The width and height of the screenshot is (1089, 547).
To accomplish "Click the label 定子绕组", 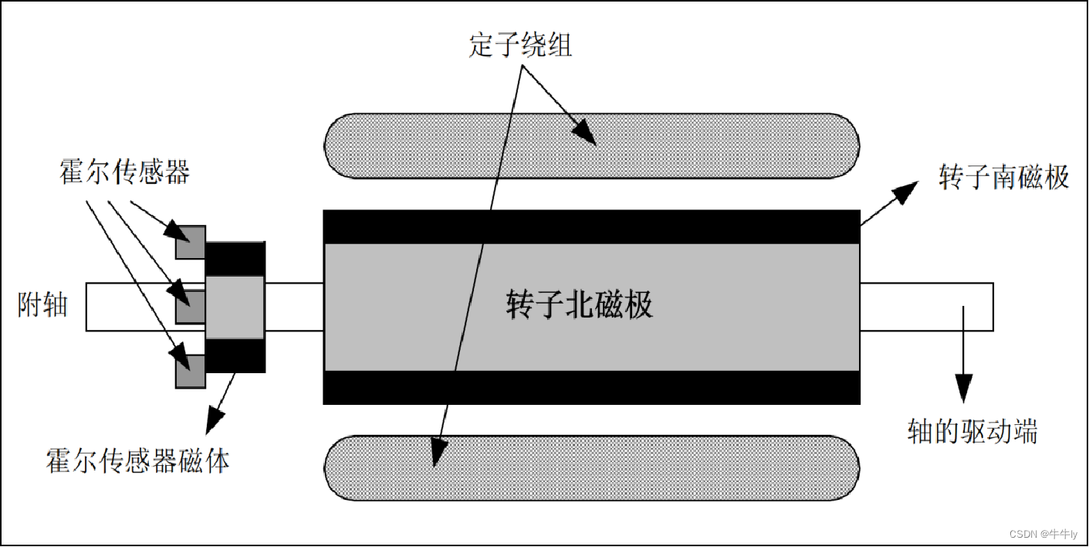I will [520, 45].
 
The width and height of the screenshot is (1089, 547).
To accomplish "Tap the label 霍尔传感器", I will [124, 172].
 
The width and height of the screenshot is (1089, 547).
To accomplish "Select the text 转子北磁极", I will [580, 305].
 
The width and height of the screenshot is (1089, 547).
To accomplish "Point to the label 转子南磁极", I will [1003, 177].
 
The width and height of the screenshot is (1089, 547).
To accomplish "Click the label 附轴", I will [42, 305].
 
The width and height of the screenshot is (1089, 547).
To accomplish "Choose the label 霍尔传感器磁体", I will [138, 461].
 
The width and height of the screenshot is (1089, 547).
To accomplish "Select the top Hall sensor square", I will [190, 242].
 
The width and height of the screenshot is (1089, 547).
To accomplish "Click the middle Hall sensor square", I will [190, 307].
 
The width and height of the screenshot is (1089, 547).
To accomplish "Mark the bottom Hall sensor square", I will [190, 372].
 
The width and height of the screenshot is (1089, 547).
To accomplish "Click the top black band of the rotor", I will [591, 226].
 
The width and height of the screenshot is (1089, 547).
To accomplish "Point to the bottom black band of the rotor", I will [591, 387].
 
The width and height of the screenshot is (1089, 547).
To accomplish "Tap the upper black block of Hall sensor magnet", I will [235, 258].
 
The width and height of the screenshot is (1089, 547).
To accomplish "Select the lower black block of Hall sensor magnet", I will [235, 355].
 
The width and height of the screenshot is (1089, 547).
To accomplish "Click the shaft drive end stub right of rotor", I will [926, 307].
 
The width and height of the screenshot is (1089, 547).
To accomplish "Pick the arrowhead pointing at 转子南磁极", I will [909, 188].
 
